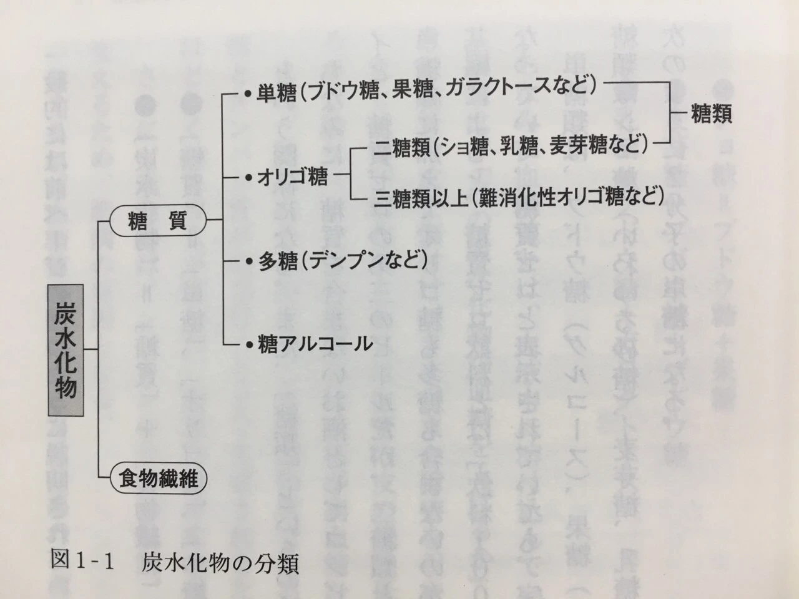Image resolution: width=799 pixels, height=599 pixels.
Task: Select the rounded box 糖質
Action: coord(157,220)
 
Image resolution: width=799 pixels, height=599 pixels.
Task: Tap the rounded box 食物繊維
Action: coord(159,479)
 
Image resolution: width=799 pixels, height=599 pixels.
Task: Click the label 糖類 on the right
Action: coord(711,114)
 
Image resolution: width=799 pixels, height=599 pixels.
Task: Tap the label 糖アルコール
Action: coord(315,344)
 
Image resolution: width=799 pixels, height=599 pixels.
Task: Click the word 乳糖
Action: coord(527,147)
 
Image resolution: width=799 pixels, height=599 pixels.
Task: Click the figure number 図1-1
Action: coord(82,563)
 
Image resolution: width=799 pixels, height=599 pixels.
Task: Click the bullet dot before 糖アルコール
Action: coord(248,344)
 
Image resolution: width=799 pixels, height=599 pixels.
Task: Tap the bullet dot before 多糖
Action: coord(248,261)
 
